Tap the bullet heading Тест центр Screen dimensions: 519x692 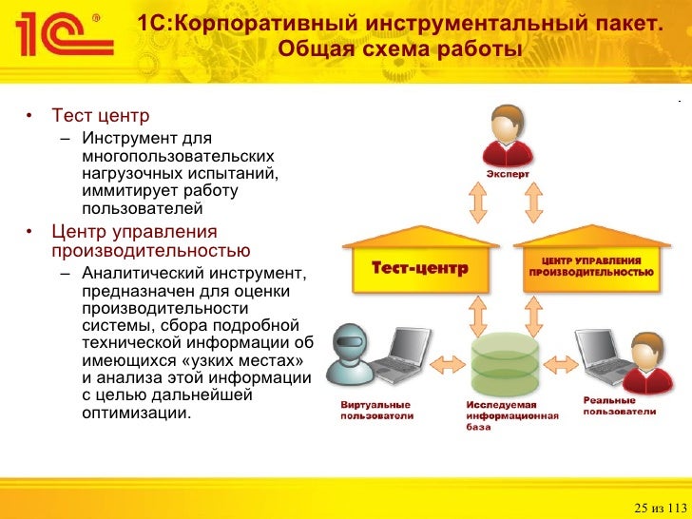[x=100, y=116]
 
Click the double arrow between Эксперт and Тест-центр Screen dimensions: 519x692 [x=472, y=202]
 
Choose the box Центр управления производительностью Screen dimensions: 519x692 [x=591, y=267]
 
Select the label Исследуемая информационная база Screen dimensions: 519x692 [x=504, y=415]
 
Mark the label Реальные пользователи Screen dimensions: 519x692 [x=619, y=406]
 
